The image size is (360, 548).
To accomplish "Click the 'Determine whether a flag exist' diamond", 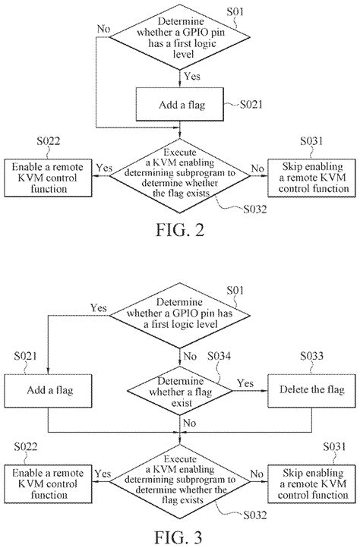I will (180, 390).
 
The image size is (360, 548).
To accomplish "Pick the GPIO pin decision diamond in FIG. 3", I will (180, 320).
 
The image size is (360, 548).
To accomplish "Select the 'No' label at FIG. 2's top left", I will (103, 28).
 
